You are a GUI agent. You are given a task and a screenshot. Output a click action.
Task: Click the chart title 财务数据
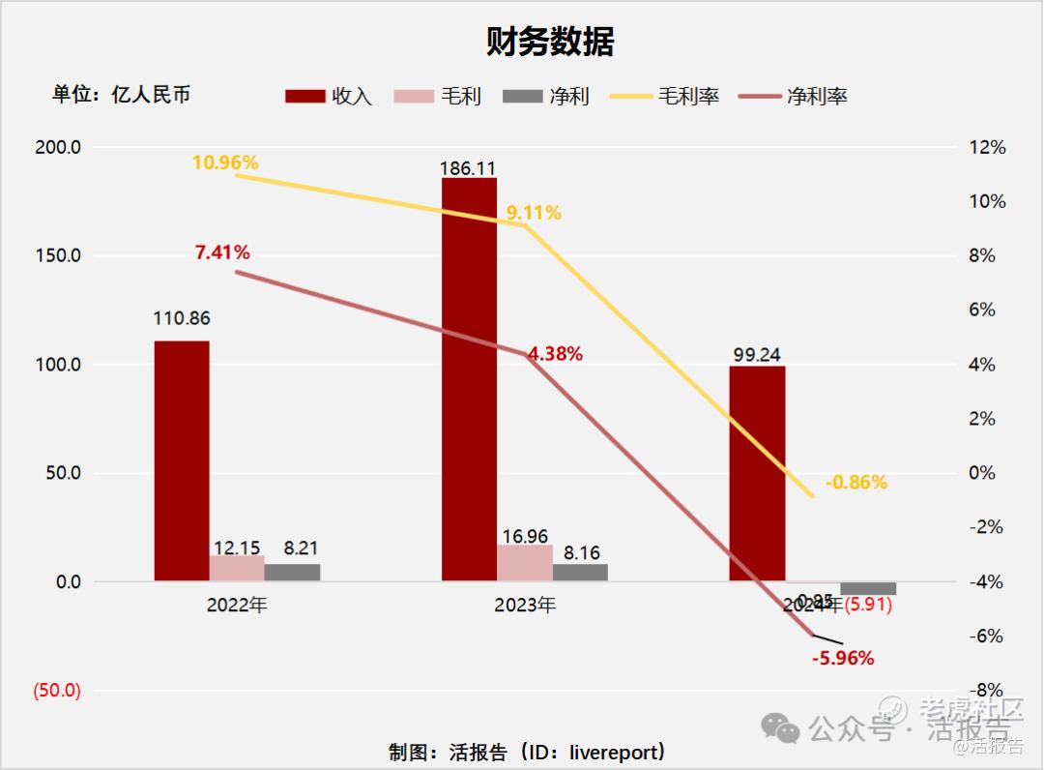point(550,42)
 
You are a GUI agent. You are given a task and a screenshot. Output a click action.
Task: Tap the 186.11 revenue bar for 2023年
point(469,379)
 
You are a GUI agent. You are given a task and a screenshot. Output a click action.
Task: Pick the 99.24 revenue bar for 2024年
point(757,473)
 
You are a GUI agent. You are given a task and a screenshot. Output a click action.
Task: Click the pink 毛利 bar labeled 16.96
point(525,563)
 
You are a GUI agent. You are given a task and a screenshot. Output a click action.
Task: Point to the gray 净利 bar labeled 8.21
point(292,572)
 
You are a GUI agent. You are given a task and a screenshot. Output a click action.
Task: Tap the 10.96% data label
point(225,162)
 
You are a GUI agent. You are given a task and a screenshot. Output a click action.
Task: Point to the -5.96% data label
point(843,659)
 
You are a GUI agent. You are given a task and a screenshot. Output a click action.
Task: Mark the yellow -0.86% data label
point(855,483)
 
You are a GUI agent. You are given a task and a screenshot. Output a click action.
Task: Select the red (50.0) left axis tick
point(57,691)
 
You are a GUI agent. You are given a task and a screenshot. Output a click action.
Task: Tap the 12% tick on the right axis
point(987,148)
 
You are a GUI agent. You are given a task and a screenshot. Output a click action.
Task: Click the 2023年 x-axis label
point(525,606)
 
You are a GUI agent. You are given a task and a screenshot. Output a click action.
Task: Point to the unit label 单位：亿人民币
point(121,95)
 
